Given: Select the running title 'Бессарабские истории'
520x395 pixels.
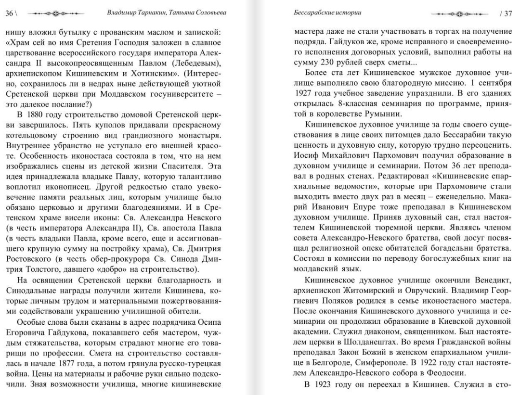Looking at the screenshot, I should point(327,13).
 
